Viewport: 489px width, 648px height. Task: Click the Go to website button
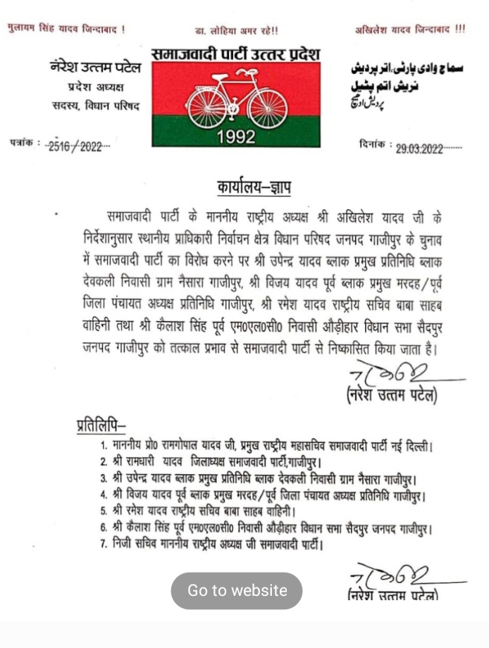coord(237,590)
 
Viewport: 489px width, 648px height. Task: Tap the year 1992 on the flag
coord(236,137)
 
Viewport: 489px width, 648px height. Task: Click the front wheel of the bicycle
coord(268,106)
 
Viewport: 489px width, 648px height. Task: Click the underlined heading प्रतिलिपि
coord(100,425)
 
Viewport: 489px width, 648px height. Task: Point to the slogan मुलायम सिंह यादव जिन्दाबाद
coord(66,30)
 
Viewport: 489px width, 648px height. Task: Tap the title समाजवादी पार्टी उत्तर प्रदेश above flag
coord(235,54)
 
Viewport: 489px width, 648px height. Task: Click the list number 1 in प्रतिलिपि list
coord(103,446)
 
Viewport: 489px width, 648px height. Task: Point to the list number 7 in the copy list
coord(103,543)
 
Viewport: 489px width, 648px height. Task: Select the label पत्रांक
coord(23,143)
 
